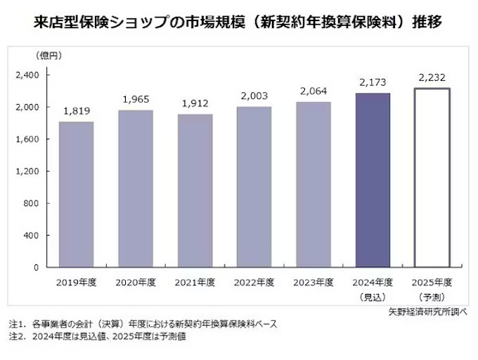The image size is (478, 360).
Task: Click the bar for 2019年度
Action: pos(76,195)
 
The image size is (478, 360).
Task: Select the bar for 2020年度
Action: pos(135,188)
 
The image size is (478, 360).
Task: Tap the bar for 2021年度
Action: pos(195,191)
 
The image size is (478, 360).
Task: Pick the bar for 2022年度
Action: pos(254,187)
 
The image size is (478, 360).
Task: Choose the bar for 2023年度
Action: pos(314,184)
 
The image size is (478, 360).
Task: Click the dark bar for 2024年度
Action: pos(373,180)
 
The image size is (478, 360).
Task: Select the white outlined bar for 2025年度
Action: pos(432,178)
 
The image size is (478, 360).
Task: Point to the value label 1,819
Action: pos(76,110)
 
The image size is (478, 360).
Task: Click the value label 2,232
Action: pos(432,77)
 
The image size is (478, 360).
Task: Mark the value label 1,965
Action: pos(135,99)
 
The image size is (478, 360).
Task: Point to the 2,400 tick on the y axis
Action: pos(32,75)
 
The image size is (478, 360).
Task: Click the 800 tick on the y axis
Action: pos(37,203)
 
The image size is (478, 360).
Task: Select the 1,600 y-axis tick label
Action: pos(32,139)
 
